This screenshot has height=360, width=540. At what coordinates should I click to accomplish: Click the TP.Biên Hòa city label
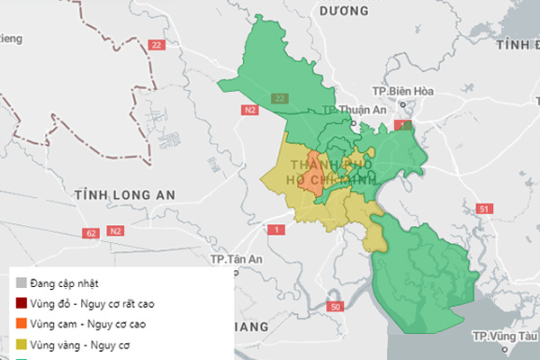click(x=411, y=91)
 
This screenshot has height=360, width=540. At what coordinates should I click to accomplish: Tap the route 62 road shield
click(x=90, y=233)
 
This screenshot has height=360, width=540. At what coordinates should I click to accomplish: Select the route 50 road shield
click(x=336, y=308)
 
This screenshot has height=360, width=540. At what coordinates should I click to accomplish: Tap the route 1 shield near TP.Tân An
click(x=276, y=231)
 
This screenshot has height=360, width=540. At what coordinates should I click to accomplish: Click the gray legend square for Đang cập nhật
click(x=21, y=283)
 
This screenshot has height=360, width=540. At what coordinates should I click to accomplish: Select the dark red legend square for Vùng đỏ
click(x=21, y=303)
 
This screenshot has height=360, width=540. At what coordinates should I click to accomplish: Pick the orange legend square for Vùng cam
click(x=21, y=323)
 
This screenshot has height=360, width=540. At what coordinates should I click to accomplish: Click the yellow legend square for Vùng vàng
click(x=21, y=344)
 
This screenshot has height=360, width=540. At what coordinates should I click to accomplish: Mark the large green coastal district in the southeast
click(x=423, y=270)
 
